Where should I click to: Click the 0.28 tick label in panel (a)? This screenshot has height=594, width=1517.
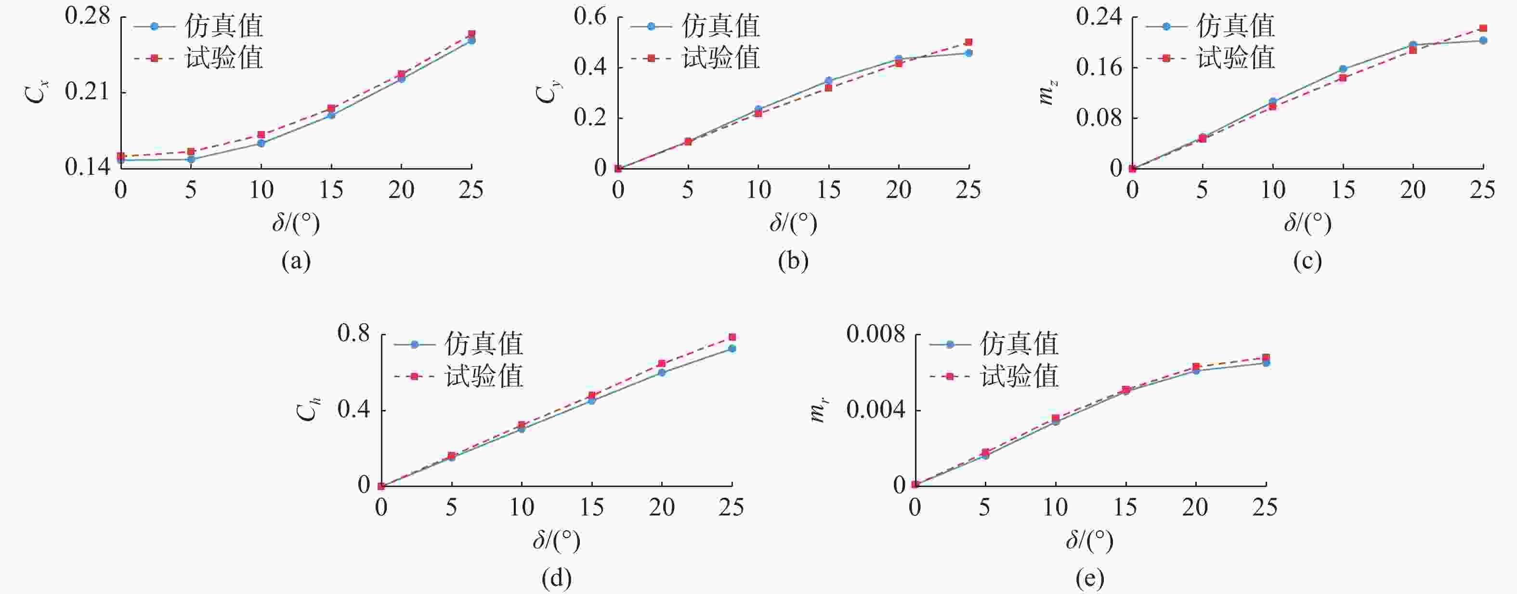pos(87,16)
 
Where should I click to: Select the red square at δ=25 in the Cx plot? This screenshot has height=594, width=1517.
pos(471,34)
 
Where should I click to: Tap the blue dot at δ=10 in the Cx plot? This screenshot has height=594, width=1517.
pos(262,143)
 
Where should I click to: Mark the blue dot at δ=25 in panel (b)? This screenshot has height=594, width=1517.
pos(969,53)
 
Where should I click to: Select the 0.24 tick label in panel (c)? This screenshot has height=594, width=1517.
pos(1099,16)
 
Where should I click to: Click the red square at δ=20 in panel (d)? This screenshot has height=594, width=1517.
pos(662,364)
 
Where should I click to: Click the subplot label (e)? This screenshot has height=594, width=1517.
pos(1089,579)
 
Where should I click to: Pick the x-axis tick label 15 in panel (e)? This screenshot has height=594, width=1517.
pos(1125,507)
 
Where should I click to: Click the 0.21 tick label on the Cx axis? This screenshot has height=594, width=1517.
pos(87,92)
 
